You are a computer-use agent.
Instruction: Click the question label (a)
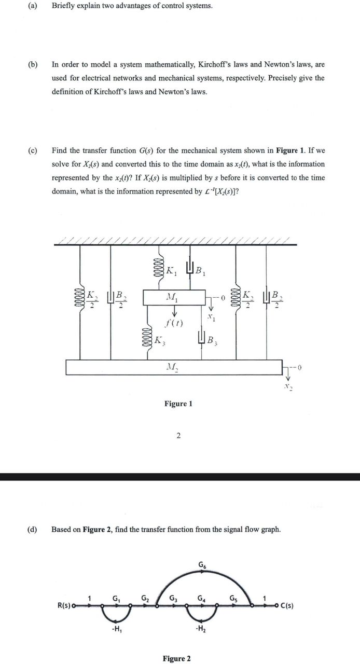30,6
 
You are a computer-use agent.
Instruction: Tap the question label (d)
32,530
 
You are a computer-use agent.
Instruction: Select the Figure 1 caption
178,404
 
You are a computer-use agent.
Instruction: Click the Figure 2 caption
176,658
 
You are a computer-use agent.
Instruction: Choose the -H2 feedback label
199,630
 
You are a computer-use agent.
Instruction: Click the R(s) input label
66,605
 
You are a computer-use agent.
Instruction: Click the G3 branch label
173,598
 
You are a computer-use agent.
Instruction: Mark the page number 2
178,436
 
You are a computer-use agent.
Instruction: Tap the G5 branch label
233,598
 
